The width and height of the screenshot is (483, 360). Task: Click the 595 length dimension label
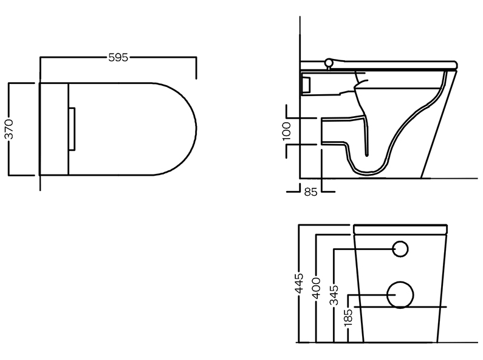point(118,57)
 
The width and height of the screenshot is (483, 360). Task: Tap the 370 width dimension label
point(10,129)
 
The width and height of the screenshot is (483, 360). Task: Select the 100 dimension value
point(287,131)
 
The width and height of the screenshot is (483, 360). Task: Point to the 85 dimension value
point(310,192)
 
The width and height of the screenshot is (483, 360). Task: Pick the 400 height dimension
point(317,288)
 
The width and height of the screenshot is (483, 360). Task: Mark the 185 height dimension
point(348,317)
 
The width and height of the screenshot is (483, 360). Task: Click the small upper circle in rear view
point(400,249)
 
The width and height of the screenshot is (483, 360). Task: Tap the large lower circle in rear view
point(400,295)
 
